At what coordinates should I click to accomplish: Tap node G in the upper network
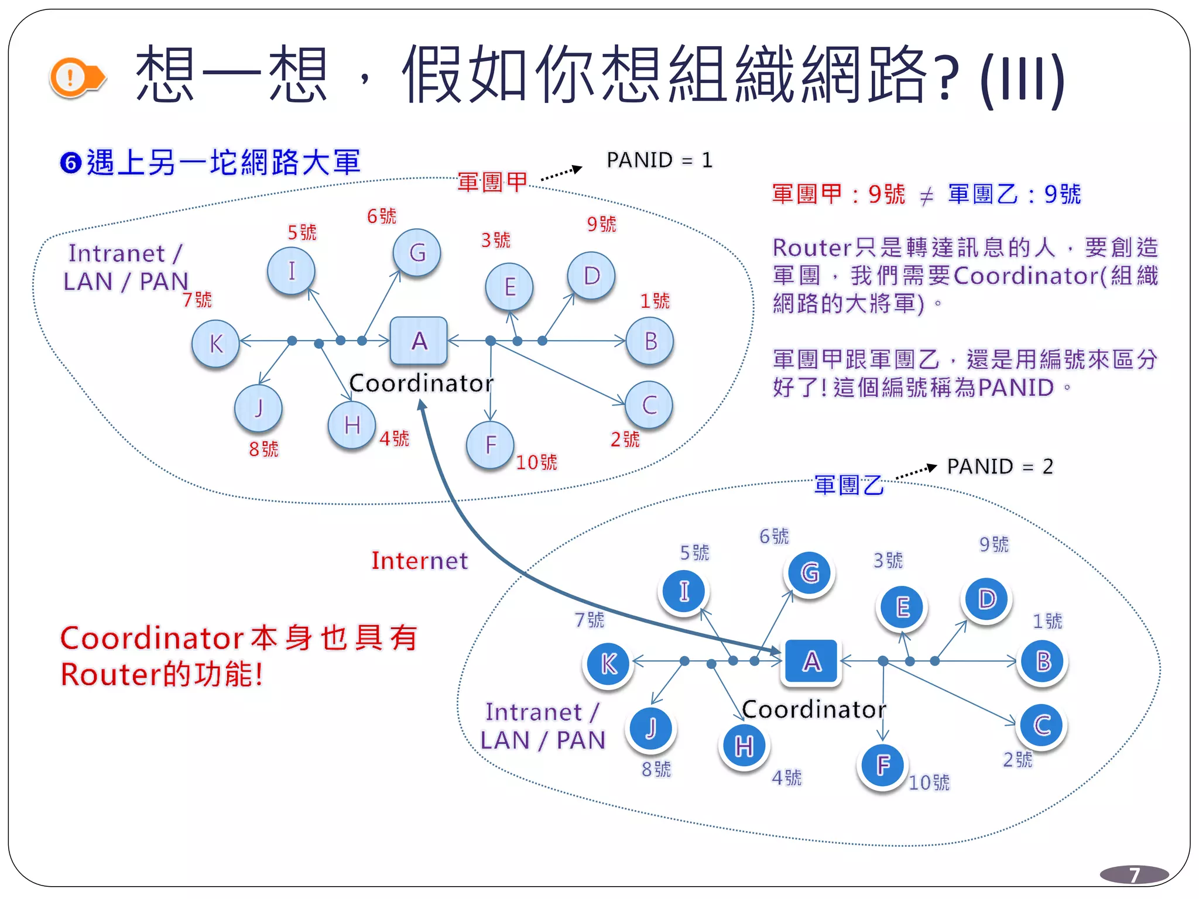417,253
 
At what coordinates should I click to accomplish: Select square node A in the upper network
419,341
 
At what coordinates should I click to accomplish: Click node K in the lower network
609,664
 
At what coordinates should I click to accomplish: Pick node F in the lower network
883,764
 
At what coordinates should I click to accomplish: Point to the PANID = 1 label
659,160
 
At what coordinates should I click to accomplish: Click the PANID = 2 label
1000,466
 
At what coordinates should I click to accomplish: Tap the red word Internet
420,561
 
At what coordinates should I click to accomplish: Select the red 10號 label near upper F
536,462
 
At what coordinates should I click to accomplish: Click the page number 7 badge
1134,874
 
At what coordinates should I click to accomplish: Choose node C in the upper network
649,405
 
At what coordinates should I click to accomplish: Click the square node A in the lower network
811,662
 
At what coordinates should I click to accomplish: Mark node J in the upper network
258,408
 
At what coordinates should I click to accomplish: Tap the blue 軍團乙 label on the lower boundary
849,485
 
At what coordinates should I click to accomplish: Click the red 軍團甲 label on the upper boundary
492,182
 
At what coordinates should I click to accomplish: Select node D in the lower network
987,599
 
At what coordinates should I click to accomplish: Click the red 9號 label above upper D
602,224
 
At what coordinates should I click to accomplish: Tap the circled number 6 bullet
71,163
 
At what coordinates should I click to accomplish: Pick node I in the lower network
684,591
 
